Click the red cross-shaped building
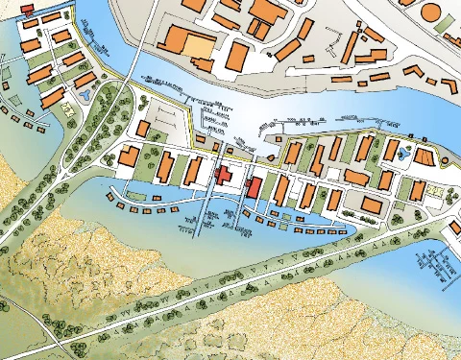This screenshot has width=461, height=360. click(224, 176)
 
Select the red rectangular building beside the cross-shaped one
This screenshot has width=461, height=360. click(254, 185)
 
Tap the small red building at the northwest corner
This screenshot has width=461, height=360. click(28, 9)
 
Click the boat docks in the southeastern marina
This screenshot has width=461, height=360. click(434, 261)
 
